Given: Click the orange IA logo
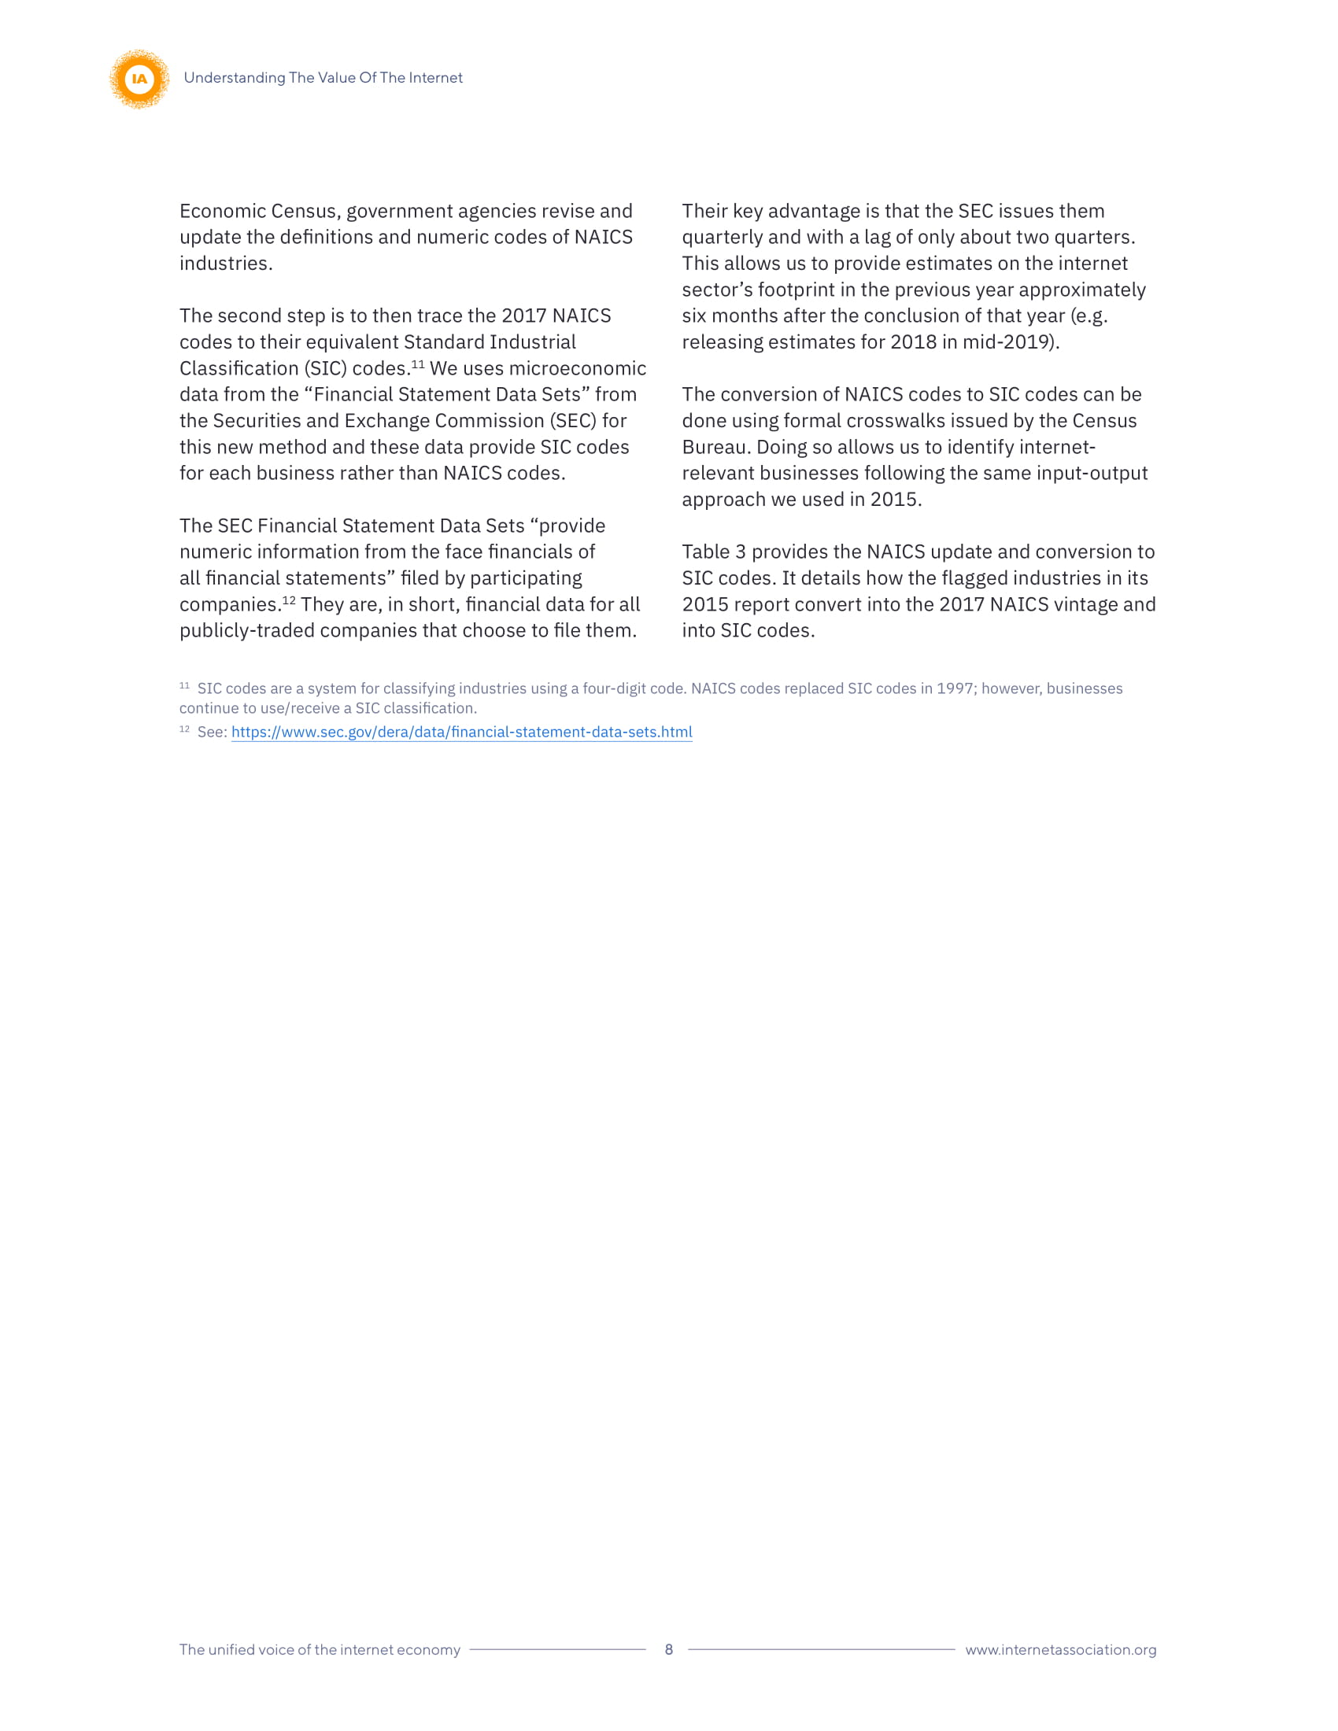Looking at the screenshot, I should tap(139, 79).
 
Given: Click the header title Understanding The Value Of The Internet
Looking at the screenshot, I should tap(323, 78).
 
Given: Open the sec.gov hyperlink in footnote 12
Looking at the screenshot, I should tap(461, 732).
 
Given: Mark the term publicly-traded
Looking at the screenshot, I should tap(244, 630).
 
